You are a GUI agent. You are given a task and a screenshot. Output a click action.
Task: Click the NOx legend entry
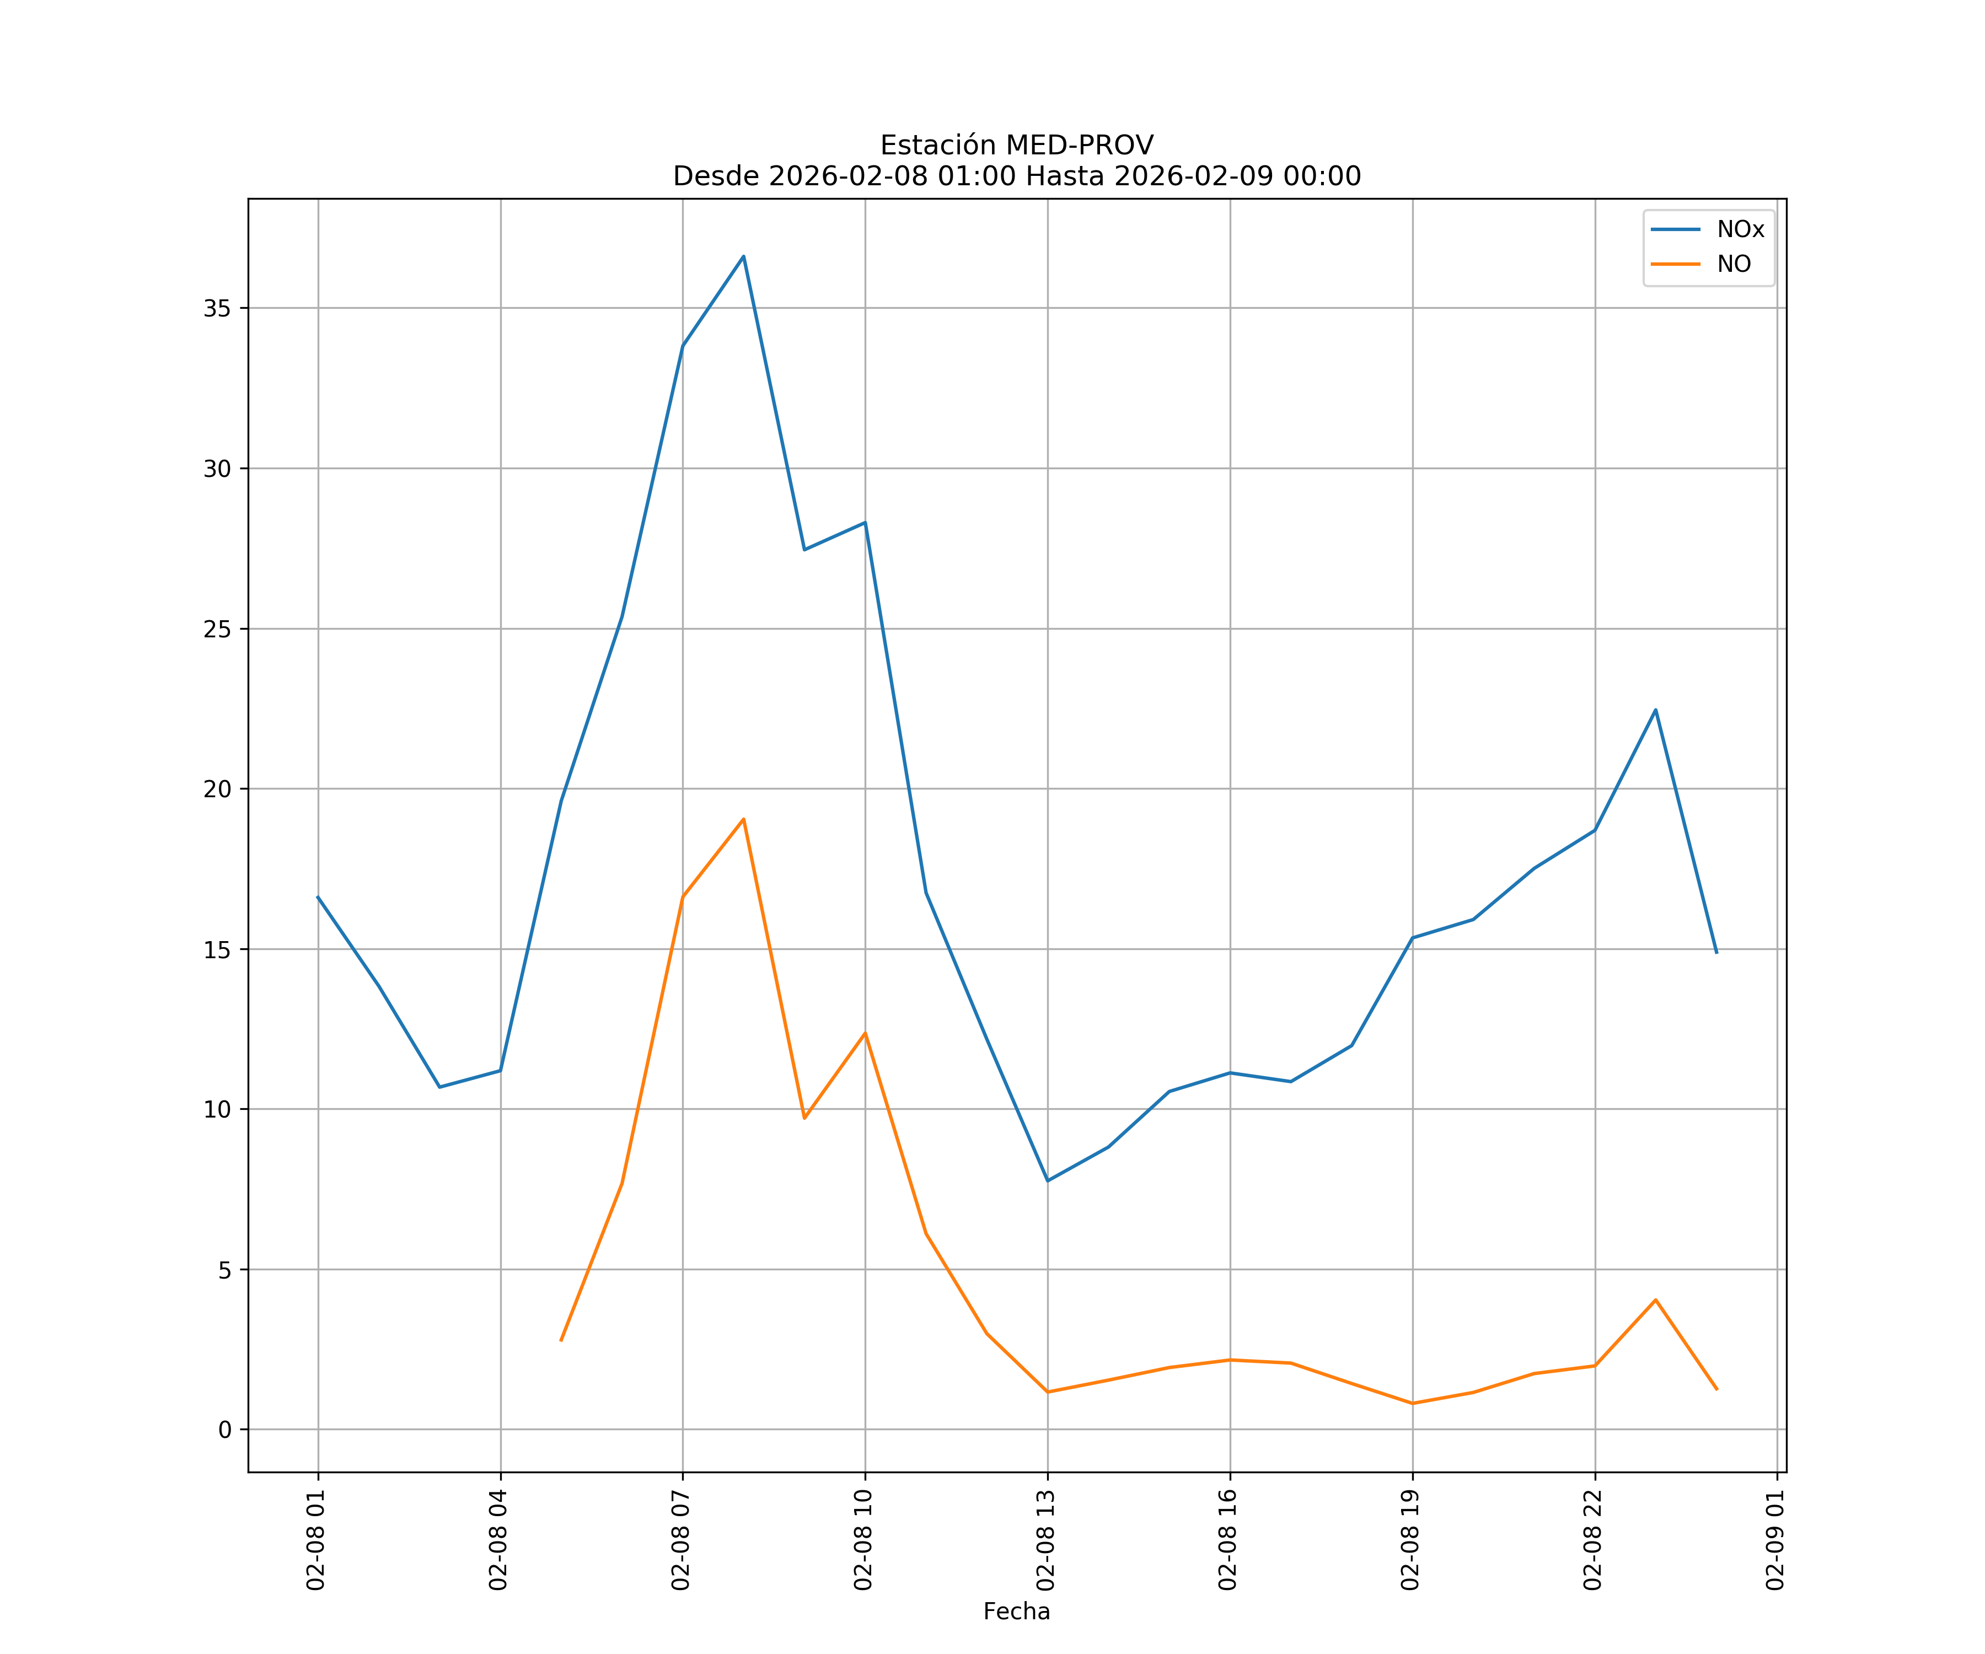tap(1739, 230)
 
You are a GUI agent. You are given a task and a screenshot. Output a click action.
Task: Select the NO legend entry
tap(1734, 265)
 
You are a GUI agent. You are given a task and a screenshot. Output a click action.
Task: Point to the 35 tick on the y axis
tap(217, 308)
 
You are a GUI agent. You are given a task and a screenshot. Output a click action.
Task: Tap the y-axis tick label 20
tap(217, 789)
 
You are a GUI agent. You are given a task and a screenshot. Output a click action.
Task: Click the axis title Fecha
tap(1016, 1612)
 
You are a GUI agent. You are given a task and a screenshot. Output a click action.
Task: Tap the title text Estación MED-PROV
tap(1016, 144)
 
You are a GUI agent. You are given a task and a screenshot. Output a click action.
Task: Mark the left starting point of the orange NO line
tap(561, 1340)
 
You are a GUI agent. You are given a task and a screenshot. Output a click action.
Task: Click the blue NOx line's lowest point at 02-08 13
tap(1047, 1180)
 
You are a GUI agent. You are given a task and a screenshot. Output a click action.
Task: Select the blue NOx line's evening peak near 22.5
tap(1655, 710)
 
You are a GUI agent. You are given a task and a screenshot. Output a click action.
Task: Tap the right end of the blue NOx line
tap(1716, 953)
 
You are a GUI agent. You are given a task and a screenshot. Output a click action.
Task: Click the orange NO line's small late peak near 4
tap(1655, 1299)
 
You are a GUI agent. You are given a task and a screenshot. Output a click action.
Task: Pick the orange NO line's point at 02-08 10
tap(865, 1033)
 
